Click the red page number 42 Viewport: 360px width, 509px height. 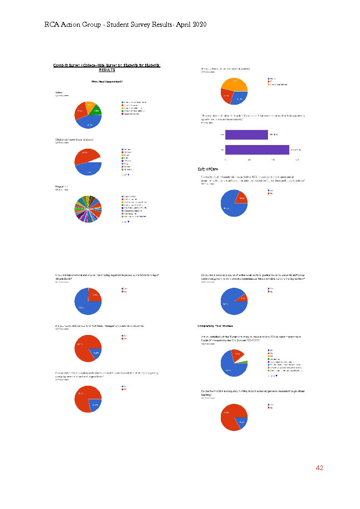319,468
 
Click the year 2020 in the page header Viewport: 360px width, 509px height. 197,24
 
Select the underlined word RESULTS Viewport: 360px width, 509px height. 107,70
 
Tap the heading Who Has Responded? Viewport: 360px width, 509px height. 107,82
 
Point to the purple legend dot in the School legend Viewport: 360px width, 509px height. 122,114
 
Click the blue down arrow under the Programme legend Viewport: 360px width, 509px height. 128,222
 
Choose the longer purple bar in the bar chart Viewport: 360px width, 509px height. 257,150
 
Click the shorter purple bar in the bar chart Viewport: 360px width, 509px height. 246,135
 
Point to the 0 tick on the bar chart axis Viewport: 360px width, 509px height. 225,160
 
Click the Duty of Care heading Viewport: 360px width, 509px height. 210,170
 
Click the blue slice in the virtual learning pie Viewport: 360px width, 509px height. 242,422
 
